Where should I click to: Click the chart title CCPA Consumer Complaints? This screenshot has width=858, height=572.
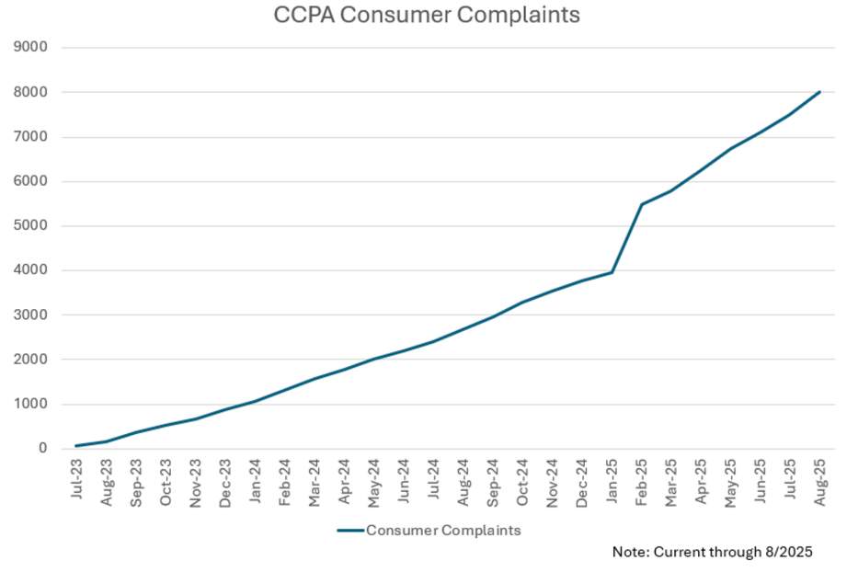pyautogui.click(x=427, y=16)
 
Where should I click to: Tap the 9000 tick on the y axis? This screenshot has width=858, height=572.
pyautogui.click(x=32, y=48)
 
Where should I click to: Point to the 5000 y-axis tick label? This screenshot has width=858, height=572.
pyautogui.click(x=32, y=226)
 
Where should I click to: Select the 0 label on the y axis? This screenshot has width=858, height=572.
pyautogui.click(x=43, y=449)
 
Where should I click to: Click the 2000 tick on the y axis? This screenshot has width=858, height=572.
pyautogui.click(x=32, y=360)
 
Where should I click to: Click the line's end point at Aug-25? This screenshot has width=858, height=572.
pyautogui.click(x=819, y=92)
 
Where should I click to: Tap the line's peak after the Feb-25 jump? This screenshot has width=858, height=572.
pyautogui.click(x=642, y=204)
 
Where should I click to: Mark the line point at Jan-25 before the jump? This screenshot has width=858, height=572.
pyautogui.click(x=612, y=272)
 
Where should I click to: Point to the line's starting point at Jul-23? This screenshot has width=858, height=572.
pyautogui.click(x=77, y=446)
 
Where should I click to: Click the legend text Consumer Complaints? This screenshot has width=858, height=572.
pyautogui.click(x=443, y=530)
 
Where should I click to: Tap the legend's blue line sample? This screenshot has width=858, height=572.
pyautogui.click(x=349, y=530)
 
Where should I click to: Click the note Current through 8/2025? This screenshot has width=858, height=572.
pyautogui.click(x=713, y=552)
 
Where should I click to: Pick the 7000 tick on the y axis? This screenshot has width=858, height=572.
pyautogui.click(x=32, y=137)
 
